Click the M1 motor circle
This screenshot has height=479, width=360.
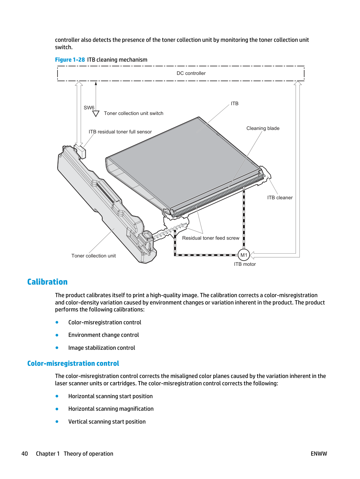coord(244,255)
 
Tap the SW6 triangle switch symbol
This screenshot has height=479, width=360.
coord(95,114)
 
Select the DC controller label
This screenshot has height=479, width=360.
coord(191,73)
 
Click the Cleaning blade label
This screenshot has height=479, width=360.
coord(263,128)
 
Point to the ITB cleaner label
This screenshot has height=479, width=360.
coord(280,198)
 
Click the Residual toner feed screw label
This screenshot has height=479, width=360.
coord(211,238)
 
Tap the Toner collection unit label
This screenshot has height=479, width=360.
coord(93,256)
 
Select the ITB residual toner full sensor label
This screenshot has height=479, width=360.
coord(120,132)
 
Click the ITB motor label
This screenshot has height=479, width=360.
coord(245,264)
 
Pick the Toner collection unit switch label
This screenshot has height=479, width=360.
coord(133,113)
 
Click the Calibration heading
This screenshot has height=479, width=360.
coord(47,282)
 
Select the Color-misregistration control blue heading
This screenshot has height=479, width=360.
coord(73,363)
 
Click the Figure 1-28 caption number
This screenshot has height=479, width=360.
coord(70,60)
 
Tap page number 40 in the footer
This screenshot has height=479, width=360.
coord(25,454)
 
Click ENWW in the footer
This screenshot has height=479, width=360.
coord(319,454)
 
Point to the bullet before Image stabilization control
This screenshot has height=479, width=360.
coord(57,348)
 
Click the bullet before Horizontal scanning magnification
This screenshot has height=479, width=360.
coord(57,409)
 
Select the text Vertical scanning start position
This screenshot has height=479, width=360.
coord(107,422)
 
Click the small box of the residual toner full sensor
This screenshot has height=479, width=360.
coord(80,151)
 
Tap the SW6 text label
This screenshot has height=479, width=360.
coord(89,108)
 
